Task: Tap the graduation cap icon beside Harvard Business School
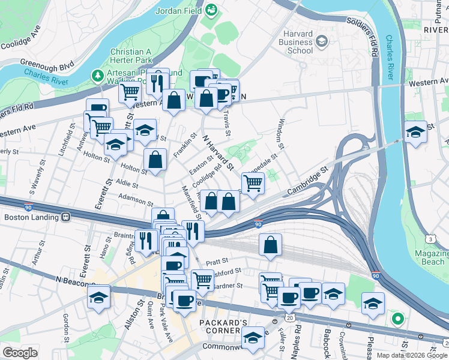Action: coord(322,40)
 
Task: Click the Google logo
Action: coord(19,353)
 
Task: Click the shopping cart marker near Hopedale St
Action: coord(253,182)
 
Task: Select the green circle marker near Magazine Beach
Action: coord(396,319)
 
